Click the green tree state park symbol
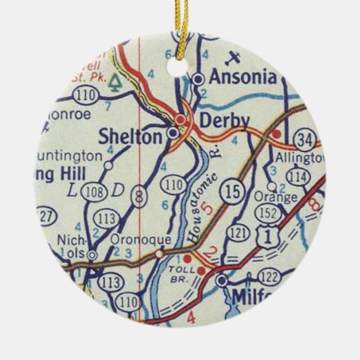[117, 84]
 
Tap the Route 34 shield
[306, 141]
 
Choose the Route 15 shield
[232, 192]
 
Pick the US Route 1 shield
[270, 235]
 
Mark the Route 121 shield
[237, 233]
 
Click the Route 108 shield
[95, 192]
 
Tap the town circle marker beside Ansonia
[198, 79]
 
